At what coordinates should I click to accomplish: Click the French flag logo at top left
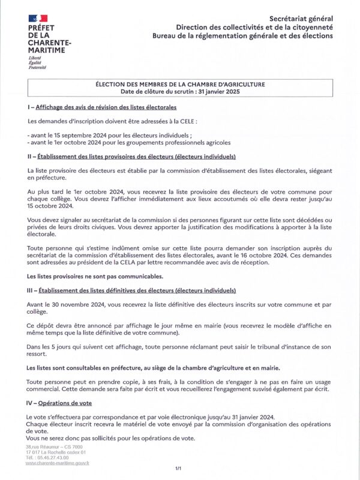click(x=38, y=20)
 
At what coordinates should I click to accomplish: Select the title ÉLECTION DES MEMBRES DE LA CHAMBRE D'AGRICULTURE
click(x=181, y=85)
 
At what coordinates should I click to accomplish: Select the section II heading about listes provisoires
click(x=136, y=157)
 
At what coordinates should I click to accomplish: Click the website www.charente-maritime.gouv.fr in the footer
click(x=58, y=463)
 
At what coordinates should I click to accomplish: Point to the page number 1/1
click(x=178, y=467)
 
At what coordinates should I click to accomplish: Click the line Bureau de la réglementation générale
click(x=251, y=36)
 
